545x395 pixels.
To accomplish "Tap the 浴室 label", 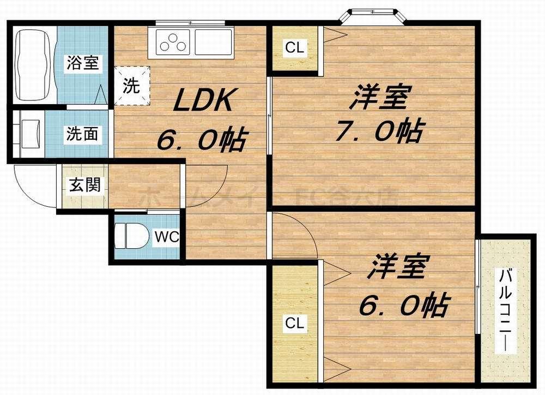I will click(83, 63).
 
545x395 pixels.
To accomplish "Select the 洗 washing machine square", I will click(131, 85).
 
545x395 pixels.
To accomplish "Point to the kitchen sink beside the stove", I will click(213, 41).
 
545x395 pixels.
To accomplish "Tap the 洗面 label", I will click(83, 134).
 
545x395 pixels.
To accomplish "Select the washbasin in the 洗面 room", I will click(28, 134).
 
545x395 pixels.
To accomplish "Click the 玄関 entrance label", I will click(84, 185).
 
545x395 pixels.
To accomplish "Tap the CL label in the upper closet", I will click(295, 48).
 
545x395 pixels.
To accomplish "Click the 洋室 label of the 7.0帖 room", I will click(379, 98).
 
